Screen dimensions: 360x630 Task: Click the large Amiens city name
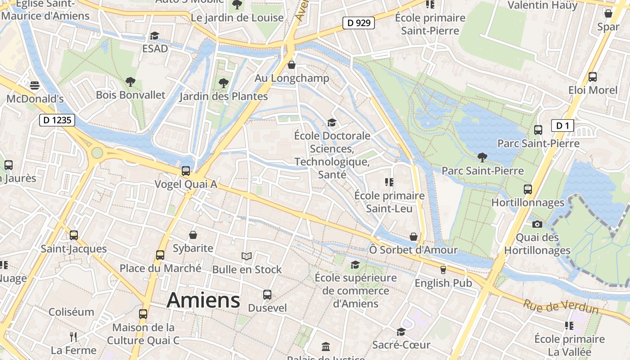pos(203,301)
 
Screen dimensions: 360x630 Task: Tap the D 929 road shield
pos(358,23)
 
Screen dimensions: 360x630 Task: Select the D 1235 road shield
pos(57,120)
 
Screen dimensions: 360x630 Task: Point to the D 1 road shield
pos(562,126)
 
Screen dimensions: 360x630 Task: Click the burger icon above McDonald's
pos(35,85)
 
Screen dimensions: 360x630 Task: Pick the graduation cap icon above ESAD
pos(155,36)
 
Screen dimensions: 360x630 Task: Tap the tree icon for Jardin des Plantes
pos(223,83)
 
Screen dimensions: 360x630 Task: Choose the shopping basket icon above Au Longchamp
pos(292,65)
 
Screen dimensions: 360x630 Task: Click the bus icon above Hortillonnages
pos(528,189)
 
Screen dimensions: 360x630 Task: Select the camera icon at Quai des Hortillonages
pos(537,224)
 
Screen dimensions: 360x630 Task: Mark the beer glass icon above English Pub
pos(443,270)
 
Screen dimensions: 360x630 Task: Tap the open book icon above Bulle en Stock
pos(247,256)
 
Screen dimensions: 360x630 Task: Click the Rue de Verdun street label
pos(560,306)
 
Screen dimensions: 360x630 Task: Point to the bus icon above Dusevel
pos(267,295)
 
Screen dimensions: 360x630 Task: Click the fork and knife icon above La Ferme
pos(73,337)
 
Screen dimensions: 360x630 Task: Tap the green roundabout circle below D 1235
pos(97,153)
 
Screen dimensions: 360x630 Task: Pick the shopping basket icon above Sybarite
pos(193,235)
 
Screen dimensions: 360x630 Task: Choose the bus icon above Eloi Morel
pos(593,77)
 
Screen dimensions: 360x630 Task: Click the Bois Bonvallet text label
pos(130,95)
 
